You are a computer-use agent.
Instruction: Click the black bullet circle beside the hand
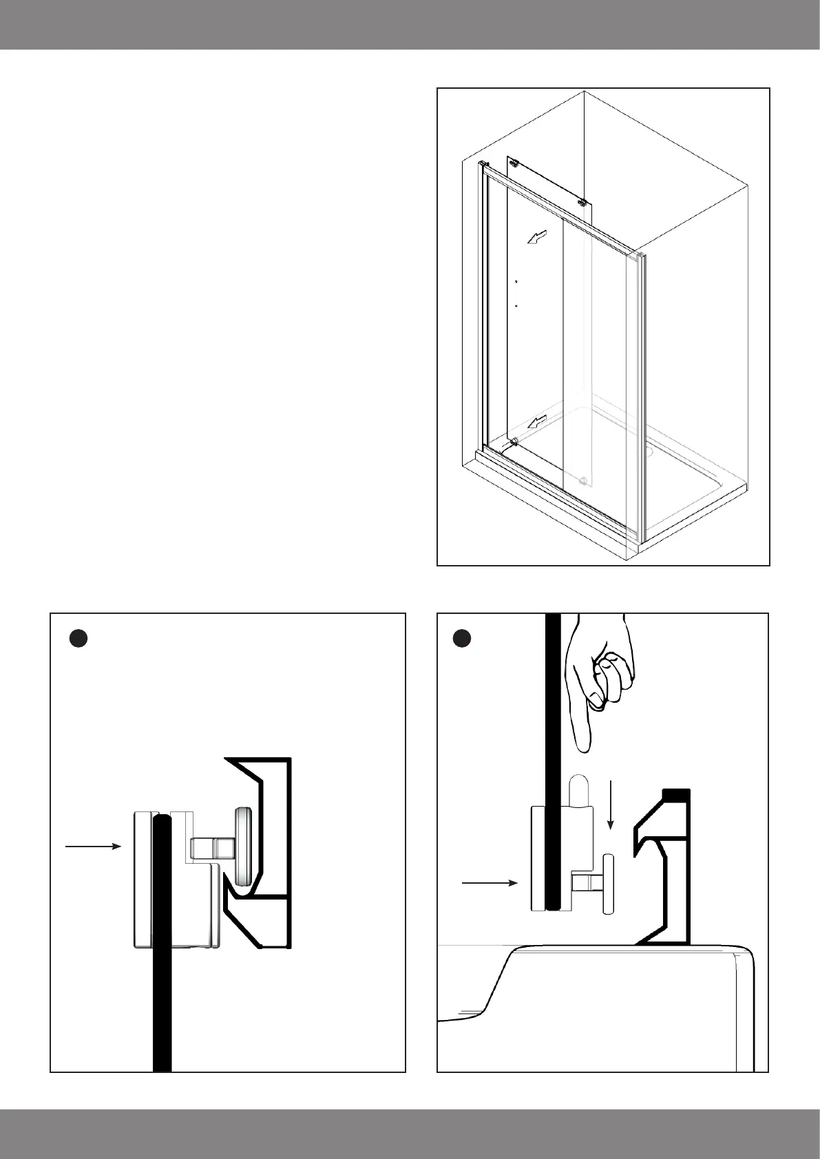coord(462,639)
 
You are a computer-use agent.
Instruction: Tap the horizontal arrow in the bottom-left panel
coord(93,847)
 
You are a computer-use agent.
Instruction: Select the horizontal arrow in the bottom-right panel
coord(489,882)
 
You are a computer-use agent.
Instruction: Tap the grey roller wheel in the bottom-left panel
coord(243,846)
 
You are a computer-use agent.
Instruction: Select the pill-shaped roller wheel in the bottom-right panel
coord(608,884)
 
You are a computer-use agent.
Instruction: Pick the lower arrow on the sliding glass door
coord(537,421)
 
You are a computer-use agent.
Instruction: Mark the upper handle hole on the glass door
coord(516,281)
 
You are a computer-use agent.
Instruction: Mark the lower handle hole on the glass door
coord(516,305)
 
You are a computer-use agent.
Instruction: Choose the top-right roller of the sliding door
coord(582,202)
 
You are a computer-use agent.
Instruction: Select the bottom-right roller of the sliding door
coord(584,480)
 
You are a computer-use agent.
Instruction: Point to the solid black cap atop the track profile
coord(675,794)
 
